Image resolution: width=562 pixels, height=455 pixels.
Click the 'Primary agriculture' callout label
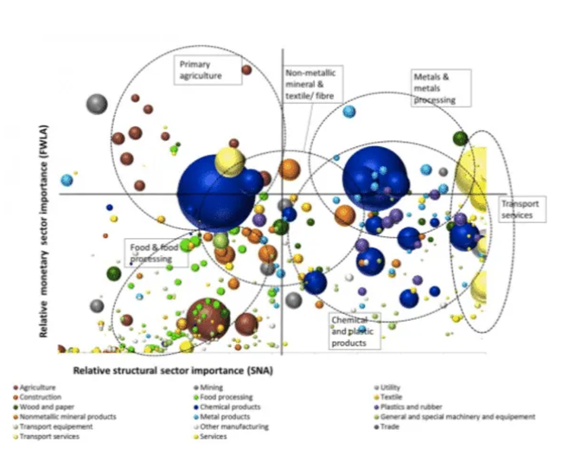click(x=201, y=70)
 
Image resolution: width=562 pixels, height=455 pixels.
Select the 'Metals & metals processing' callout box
click(x=440, y=88)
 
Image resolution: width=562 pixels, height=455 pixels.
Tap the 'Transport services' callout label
click(x=521, y=209)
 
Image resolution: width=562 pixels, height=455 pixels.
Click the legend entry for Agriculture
click(x=40, y=387)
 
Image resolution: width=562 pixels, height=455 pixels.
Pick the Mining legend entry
click(x=214, y=387)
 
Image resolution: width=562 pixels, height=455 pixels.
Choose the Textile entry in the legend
click(x=390, y=396)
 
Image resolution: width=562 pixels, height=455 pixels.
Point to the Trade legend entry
click(x=388, y=426)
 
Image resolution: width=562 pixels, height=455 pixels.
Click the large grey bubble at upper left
click(x=97, y=105)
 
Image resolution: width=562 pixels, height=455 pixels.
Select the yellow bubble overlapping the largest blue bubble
click(x=230, y=161)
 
